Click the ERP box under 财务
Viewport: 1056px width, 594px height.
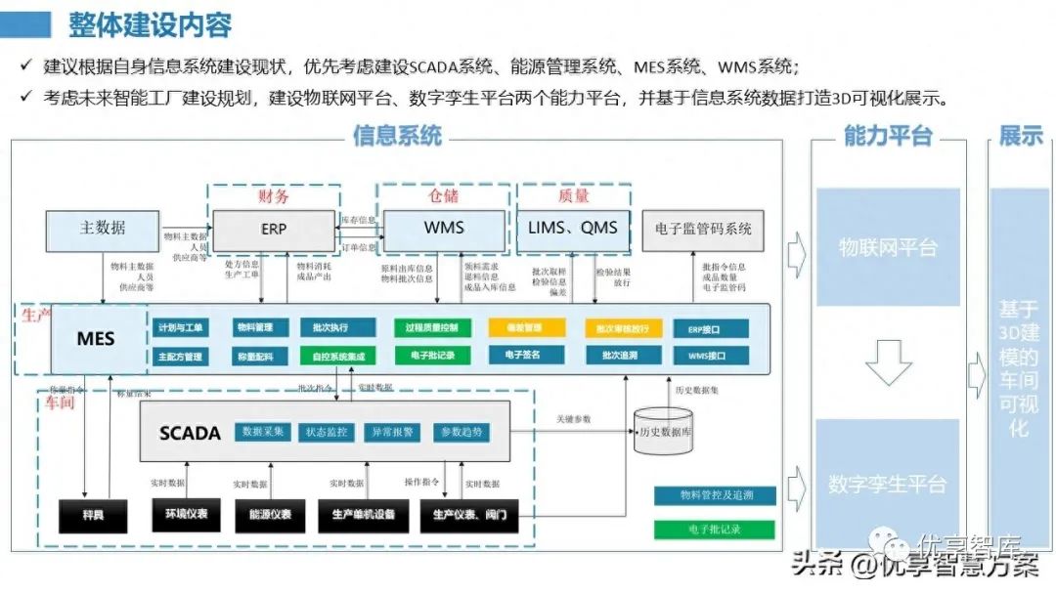click(273, 230)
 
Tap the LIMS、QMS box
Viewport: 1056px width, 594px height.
click(573, 229)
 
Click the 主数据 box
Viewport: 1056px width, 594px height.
click(103, 229)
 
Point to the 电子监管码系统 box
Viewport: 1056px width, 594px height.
click(703, 230)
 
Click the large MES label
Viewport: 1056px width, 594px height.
click(96, 339)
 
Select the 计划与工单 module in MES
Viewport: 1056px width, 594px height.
click(181, 328)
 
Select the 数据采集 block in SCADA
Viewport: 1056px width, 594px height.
click(265, 432)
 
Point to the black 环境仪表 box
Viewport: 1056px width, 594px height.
click(186, 514)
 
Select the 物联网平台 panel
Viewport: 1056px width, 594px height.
click(888, 247)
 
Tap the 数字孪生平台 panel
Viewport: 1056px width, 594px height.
click(888, 483)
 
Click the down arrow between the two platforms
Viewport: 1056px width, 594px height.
click(888, 363)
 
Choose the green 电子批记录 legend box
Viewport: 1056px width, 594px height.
click(715, 530)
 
